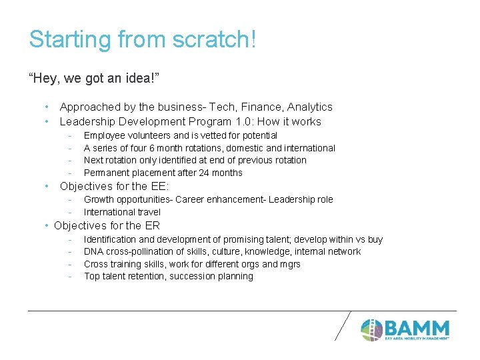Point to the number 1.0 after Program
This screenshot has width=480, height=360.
tap(243, 121)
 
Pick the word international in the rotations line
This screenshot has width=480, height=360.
tap(309, 148)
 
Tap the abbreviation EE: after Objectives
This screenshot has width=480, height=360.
tap(158, 186)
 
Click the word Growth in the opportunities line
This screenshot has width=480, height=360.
tap(99, 199)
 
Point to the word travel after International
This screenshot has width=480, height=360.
tap(148, 212)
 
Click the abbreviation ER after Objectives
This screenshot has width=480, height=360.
tap(152, 225)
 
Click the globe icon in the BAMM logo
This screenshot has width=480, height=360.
tap(371, 329)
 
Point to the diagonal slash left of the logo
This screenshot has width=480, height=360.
tap(342, 325)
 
